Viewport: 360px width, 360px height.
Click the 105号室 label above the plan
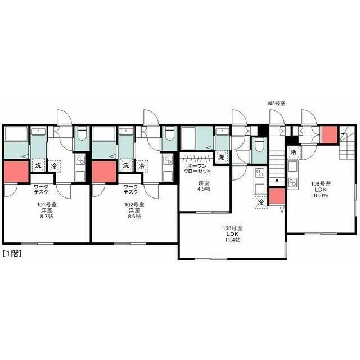[x=276, y=103]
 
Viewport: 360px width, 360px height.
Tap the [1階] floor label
[x=12, y=253]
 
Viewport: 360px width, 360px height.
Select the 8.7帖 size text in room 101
[x=47, y=216]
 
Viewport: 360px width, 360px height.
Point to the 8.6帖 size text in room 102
[x=134, y=216]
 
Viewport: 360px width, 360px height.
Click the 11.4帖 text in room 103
[x=233, y=240]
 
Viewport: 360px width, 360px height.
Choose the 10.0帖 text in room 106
[x=321, y=195]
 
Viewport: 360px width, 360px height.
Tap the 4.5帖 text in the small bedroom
[x=204, y=189]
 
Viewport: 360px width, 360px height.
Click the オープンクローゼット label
[x=197, y=168]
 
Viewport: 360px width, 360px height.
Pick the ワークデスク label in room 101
[x=41, y=190]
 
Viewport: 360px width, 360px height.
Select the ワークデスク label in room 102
[x=130, y=190]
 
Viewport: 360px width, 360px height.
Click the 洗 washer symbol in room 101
[x=38, y=165]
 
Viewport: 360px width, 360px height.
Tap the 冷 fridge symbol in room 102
[x=142, y=166]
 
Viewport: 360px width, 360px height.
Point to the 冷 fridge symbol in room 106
[x=294, y=152]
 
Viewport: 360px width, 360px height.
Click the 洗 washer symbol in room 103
[x=221, y=157]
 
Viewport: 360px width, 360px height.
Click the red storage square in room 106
[x=330, y=134]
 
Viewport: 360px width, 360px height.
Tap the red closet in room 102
[x=104, y=172]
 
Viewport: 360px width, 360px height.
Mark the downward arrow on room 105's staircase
[x=277, y=166]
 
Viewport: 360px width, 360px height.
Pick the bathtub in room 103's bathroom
[x=188, y=138]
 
